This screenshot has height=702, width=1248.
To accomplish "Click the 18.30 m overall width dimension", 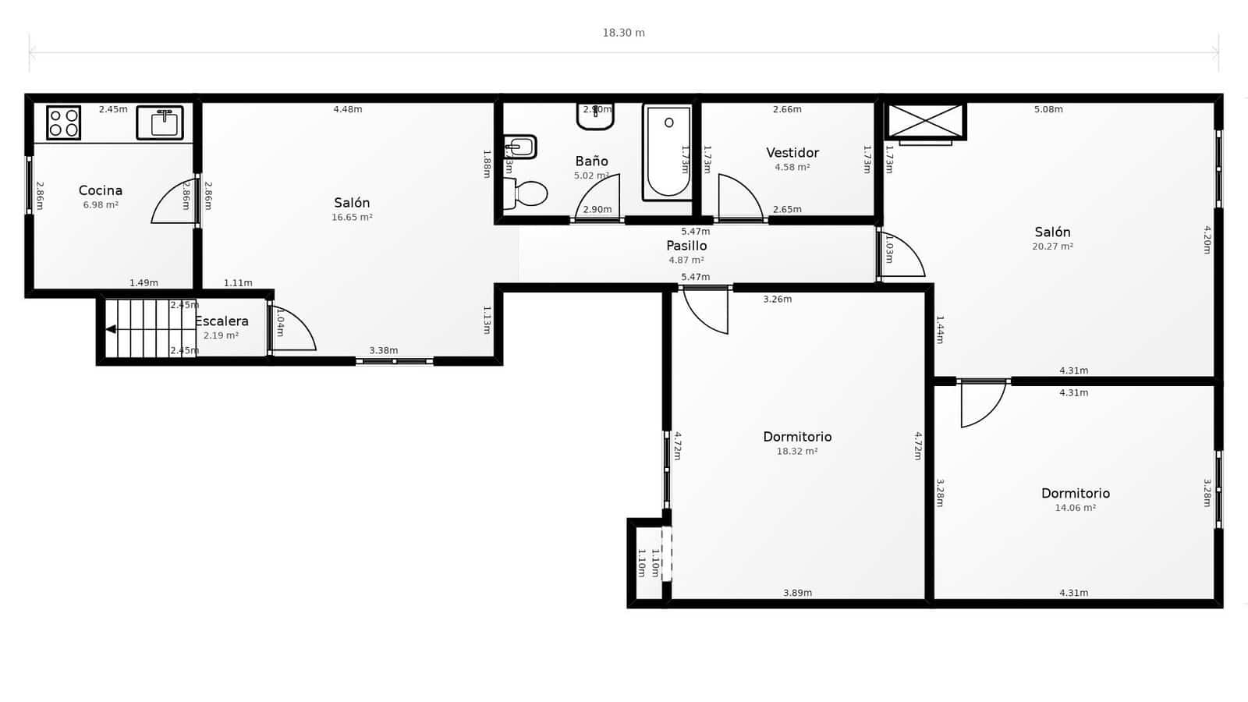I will click(623, 33).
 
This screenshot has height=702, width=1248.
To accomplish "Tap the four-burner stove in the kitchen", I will click(63, 123).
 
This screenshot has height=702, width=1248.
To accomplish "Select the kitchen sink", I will click(160, 123).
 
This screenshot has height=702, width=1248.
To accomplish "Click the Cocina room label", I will click(101, 190).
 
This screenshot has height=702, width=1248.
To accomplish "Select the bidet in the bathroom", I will click(520, 146).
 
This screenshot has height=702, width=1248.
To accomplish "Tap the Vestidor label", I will click(792, 153).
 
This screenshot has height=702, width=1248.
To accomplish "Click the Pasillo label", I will click(686, 246).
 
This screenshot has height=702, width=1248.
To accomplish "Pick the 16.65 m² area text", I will click(352, 218).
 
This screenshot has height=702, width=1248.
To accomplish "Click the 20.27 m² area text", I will click(1052, 246).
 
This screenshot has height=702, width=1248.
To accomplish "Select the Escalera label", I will click(222, 321).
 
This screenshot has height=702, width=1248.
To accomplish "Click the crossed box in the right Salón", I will click(926, 121).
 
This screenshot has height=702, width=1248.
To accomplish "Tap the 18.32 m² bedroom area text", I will click(797, 452).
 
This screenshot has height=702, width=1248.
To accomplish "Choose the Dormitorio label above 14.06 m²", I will click(1075, 493).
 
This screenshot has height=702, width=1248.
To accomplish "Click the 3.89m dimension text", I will click(797, 593).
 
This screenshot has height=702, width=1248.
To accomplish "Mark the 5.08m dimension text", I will click(1048, 109).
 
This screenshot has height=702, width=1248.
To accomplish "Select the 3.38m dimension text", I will click(384, 351).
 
